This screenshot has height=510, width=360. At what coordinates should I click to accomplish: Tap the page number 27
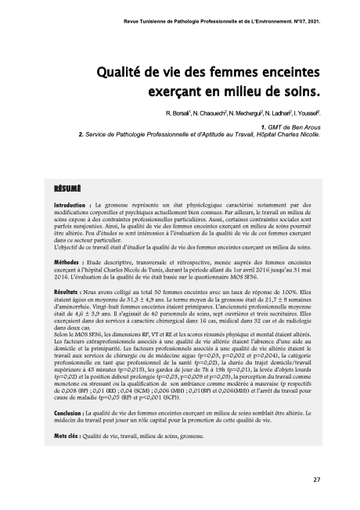pos(316,479)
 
